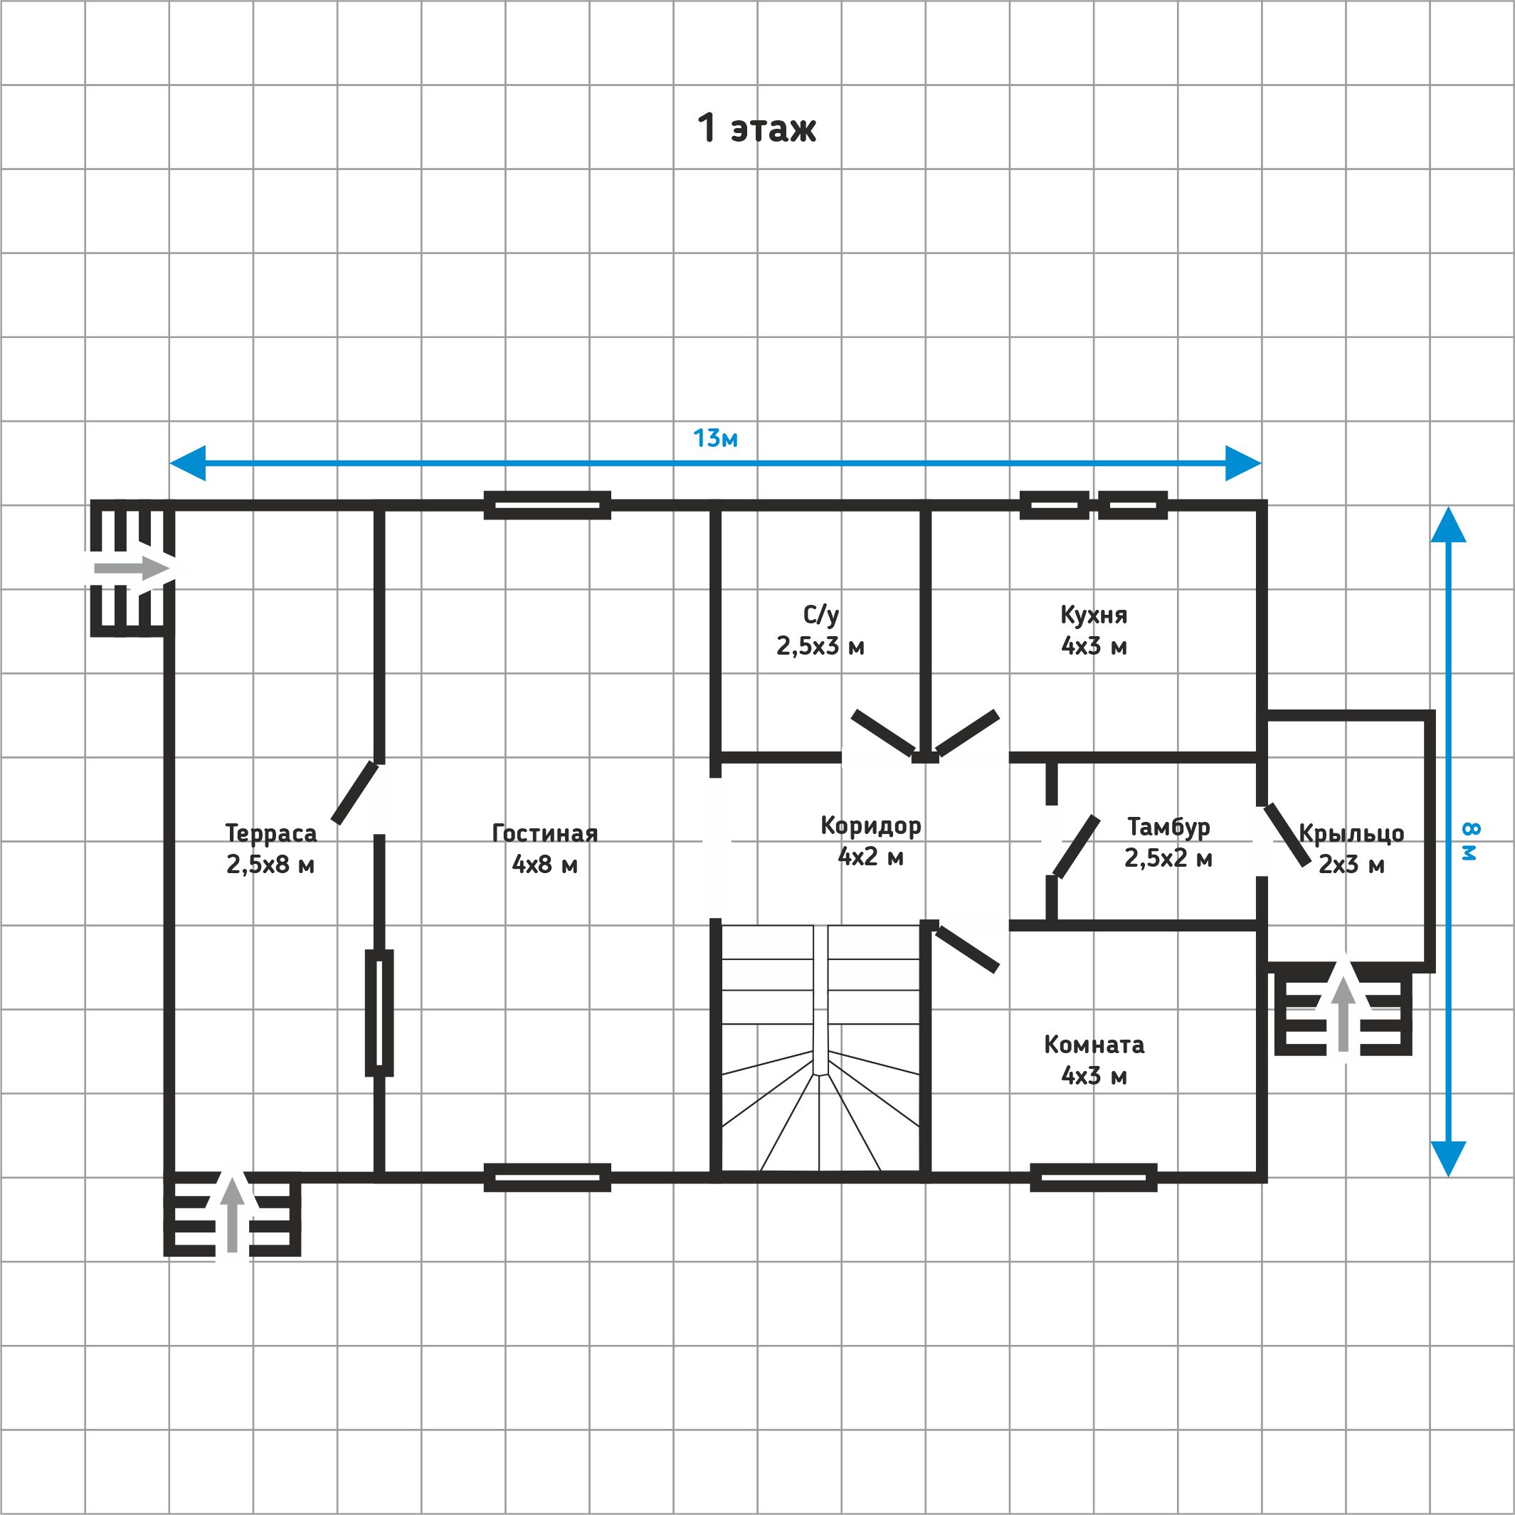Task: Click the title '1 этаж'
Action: click(756, 129)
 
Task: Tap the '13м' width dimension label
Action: click(715, 438)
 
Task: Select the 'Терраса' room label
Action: click(270, 833)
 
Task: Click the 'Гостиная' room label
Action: click(545, 833)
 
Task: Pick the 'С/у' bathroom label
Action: click(821, 615)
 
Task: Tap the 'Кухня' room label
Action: click(1094, 615)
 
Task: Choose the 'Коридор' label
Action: click(870, 825)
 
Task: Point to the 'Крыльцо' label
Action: click(1351, 833)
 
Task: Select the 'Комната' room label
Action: click(1094, 1045)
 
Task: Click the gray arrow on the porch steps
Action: click(1344, 1013)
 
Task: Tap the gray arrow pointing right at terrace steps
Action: click(131, 568)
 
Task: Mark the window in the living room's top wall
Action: click(547, 506)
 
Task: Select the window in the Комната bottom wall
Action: click(1093, 1177)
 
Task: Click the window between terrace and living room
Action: click(379, 1013)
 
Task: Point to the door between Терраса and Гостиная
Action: click(356, 792)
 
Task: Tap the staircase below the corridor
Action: click(820, 1048)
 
